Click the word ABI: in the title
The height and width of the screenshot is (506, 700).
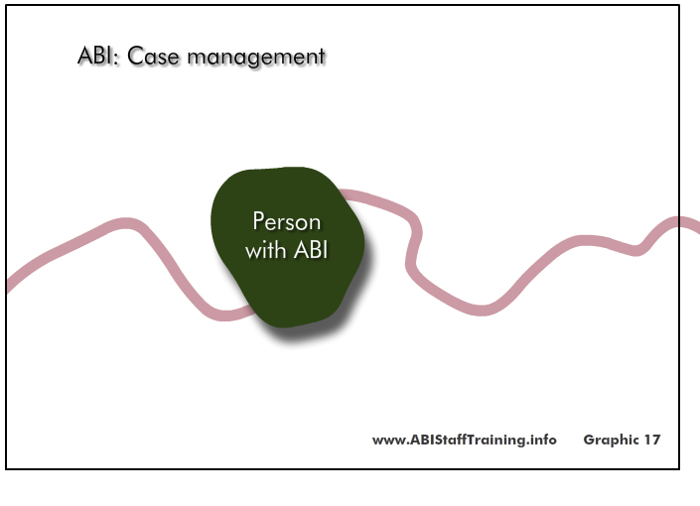[x=98, y=56]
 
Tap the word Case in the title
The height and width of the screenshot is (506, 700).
[x=153, y=57]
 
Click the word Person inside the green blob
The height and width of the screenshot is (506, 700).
[x=287, y=221]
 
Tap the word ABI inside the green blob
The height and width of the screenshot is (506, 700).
[x=311, y=250]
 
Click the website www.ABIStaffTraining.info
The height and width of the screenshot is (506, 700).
[x=465, y=440]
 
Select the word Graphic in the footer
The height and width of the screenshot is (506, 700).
[x=611, y=441]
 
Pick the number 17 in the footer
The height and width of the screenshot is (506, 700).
[x=651, y=440]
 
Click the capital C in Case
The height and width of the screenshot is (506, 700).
[x=136, y=57]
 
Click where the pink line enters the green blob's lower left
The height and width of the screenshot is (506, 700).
[x=250, y=311]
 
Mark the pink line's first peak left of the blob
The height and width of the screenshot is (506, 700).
[x=126, y=223]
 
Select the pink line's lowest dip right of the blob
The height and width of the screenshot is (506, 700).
[x=481, y=311]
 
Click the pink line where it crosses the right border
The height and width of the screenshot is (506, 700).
[x=679, y=221]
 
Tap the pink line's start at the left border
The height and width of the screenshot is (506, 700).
[x=9, y=285]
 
